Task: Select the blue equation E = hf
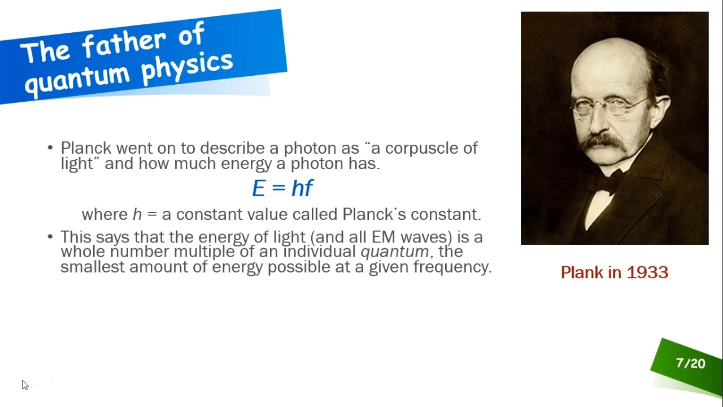click(282, 188)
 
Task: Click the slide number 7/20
click(690, 363)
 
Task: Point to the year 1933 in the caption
click(647, 272)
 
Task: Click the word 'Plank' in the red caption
click(582, 272)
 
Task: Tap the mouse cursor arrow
click(24, 385)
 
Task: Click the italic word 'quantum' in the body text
click(394, 252)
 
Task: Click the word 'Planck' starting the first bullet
click(86, 148)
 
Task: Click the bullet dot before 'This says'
click(50, 236)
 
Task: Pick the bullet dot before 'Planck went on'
click(50, 148)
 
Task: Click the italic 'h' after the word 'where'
click(137, 215)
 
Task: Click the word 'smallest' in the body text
click(92, 267)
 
